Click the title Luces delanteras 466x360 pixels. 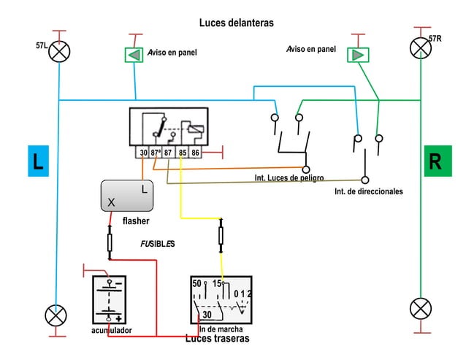coord(236,23)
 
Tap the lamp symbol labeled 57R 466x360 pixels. coord(420,48)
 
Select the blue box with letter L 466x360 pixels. coord(37,161)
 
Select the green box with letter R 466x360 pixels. coord(435,161)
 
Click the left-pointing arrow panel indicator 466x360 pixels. coord(134,55)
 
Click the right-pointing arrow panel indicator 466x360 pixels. coord(358,55)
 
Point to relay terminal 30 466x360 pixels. coord(143,153)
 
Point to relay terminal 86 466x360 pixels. coord(196,153)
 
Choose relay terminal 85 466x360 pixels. coord(183,153)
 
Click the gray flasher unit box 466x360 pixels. coord(127,196)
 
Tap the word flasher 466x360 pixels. coord(136,221)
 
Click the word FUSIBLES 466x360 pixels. coord(157,243)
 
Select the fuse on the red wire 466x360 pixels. coord(110,241)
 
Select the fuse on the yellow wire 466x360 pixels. coord(221,235)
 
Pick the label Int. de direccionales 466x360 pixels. coord(368,191)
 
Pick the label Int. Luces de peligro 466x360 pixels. coord(289,178)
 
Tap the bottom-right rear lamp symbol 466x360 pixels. coord(421,308)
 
